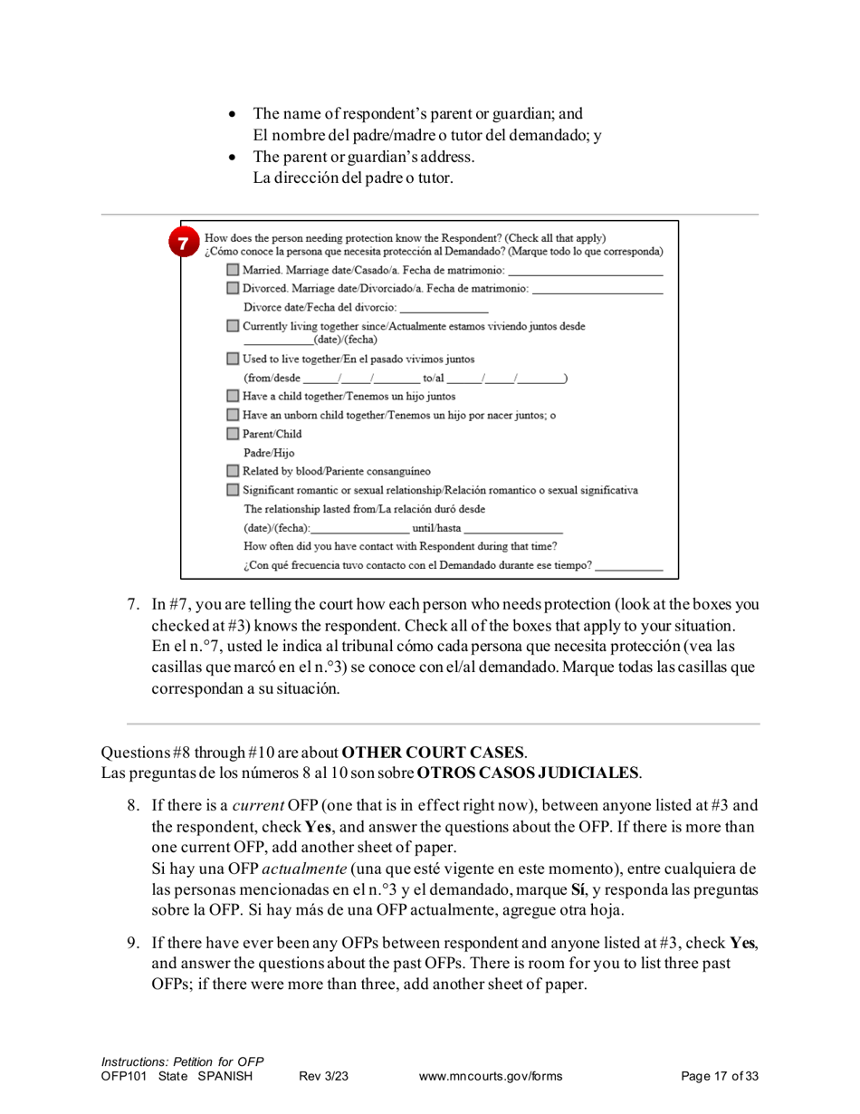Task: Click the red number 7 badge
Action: [185, 244]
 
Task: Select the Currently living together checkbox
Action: [234, 325]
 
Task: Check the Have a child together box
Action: [234, 396]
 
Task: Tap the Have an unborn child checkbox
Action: [234, 415]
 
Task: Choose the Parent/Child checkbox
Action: [234, 434]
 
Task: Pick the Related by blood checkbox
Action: [234, 471]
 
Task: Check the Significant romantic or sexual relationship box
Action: [234, 490]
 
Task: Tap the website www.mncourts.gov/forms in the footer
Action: [491, 1076]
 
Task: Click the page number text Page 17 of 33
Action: [719, 1076]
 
